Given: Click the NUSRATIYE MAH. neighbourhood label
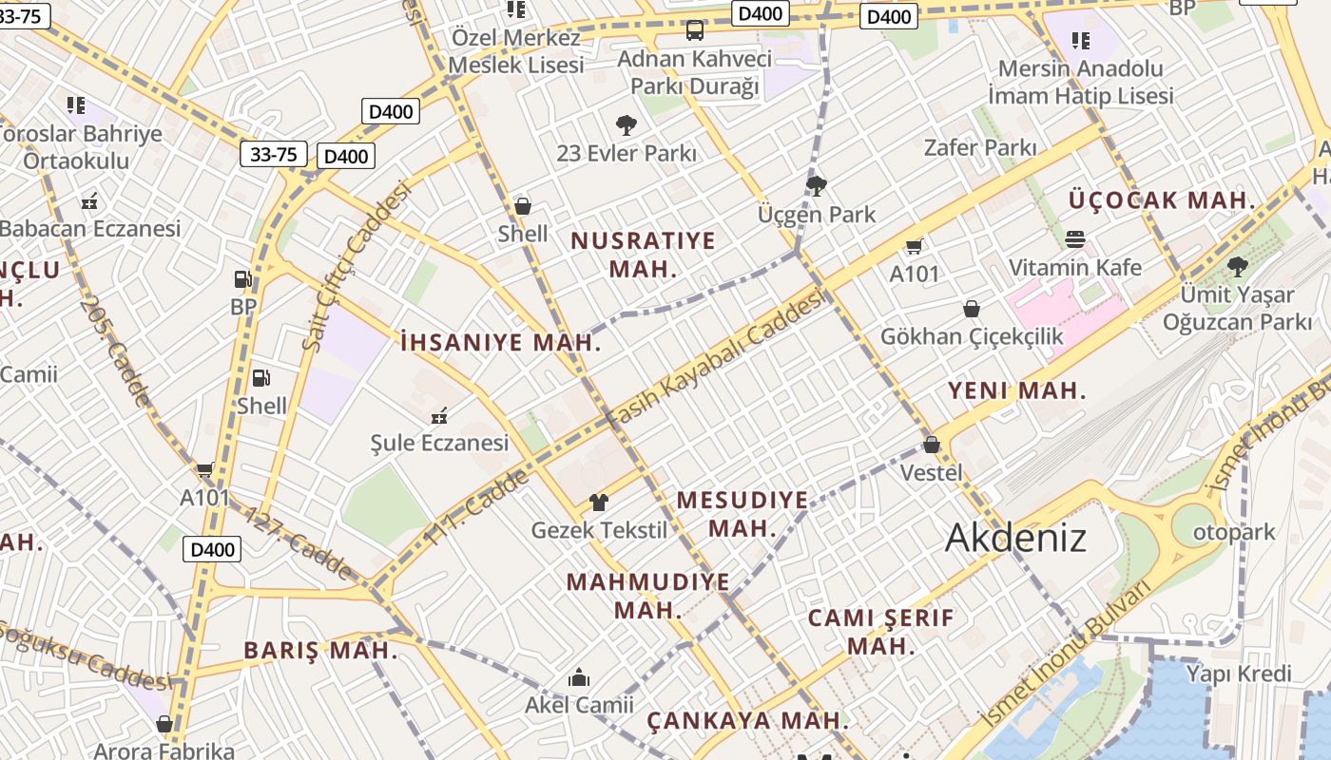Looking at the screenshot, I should [x=643, y=254].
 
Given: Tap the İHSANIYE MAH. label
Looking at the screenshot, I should [x=501, y=343].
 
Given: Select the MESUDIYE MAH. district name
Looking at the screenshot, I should [x=742, y=513].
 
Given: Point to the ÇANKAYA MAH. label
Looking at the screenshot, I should [x=747, y=720].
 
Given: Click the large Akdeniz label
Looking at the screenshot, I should [x=1015, y=538].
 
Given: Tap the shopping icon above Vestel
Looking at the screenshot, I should [x=932, y=445].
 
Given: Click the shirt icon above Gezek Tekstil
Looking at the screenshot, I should [x=599, y=503].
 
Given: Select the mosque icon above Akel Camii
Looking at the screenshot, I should [x=578, y=677].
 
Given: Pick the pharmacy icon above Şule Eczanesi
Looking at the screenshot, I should [x=439, y=415].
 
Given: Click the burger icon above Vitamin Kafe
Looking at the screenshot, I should [x=1075, y=238].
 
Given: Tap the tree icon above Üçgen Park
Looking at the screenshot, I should [x=816, y=186].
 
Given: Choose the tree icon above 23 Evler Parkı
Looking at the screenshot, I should [x=626, y=124].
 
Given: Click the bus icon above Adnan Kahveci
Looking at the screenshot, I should [x=695, y=30].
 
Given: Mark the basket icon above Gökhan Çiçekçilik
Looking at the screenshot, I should [x=972, y=309].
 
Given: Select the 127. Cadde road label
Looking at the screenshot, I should [x=298, y=544].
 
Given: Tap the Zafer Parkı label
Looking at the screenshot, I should [x=980, y=147].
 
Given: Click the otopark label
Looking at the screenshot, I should [x=1234, y=532].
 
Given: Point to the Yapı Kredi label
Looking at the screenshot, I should [x=1240, y=674].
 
